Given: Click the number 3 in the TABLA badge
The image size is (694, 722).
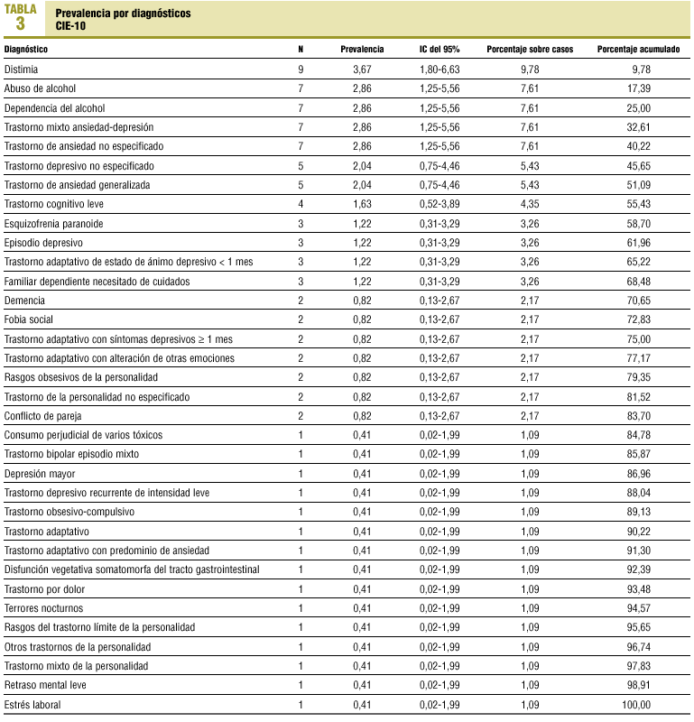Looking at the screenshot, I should click(x=20, y=23).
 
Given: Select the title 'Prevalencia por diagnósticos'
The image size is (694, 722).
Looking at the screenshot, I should click(x=123, y=14).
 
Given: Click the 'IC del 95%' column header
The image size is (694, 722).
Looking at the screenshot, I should click(x=440, y=49).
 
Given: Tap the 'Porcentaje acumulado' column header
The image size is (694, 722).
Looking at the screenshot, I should click(x=639, y=49).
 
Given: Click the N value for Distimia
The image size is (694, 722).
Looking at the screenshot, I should click(x=301, y=69).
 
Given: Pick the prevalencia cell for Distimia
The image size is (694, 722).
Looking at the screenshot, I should click(x=362, y=69).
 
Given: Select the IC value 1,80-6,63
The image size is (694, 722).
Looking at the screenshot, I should click(x=440, y=69).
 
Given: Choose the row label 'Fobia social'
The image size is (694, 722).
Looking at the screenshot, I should click(x=29, y=319).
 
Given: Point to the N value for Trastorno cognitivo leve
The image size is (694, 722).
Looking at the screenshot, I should click(x=301, y=204).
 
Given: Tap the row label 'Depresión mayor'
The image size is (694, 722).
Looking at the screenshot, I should click(x=40, y=473).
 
